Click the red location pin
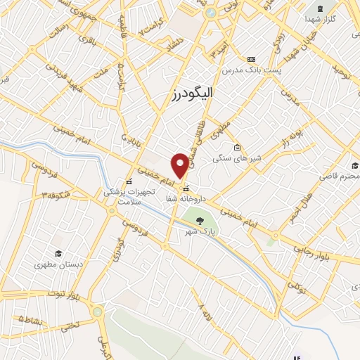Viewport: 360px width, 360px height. pyautogui.click(x=181, y=165)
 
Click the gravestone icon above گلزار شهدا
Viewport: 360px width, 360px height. pyautogui.click(x=321, y=8)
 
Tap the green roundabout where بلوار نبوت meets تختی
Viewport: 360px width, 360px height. pyautogui.click(x=97, y=311)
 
